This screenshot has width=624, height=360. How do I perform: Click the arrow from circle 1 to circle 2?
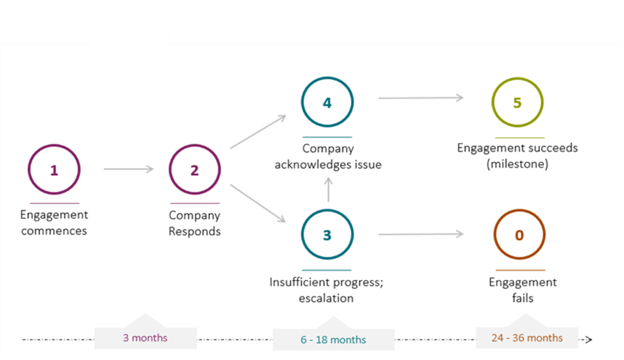tap(129, 169)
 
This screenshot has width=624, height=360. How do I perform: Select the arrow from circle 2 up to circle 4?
tap(258, 132)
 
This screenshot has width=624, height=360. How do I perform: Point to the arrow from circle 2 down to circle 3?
tap(258, 203)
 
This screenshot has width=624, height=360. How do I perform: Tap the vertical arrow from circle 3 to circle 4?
tap(328, 189)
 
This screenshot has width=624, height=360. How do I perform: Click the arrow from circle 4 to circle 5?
tap(421, 98)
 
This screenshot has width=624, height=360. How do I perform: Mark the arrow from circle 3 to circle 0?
tap(421, 235)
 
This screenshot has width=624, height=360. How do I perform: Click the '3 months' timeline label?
tap(145, 338)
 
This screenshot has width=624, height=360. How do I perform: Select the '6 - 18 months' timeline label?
tap(333, 340)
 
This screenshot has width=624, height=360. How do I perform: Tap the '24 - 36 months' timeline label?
tap(527, 338)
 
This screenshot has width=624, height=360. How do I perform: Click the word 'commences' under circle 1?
tap(54, 231)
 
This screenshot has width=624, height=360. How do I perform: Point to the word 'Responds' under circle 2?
tap(195, 231)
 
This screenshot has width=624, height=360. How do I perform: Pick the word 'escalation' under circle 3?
tap(326, 298)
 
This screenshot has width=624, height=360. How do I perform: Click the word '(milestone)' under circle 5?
tap(517, 164)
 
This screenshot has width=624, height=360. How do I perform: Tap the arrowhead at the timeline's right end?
tap(589, 339)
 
